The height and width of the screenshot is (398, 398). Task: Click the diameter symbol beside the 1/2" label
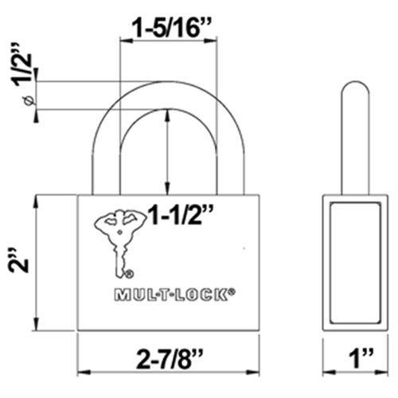coord(27,99)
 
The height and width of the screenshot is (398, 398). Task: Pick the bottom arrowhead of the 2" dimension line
coord(35,326)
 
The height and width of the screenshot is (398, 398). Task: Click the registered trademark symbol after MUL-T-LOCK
coord(232,291)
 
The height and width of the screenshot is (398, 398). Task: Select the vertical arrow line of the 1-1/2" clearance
coord(167,151)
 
